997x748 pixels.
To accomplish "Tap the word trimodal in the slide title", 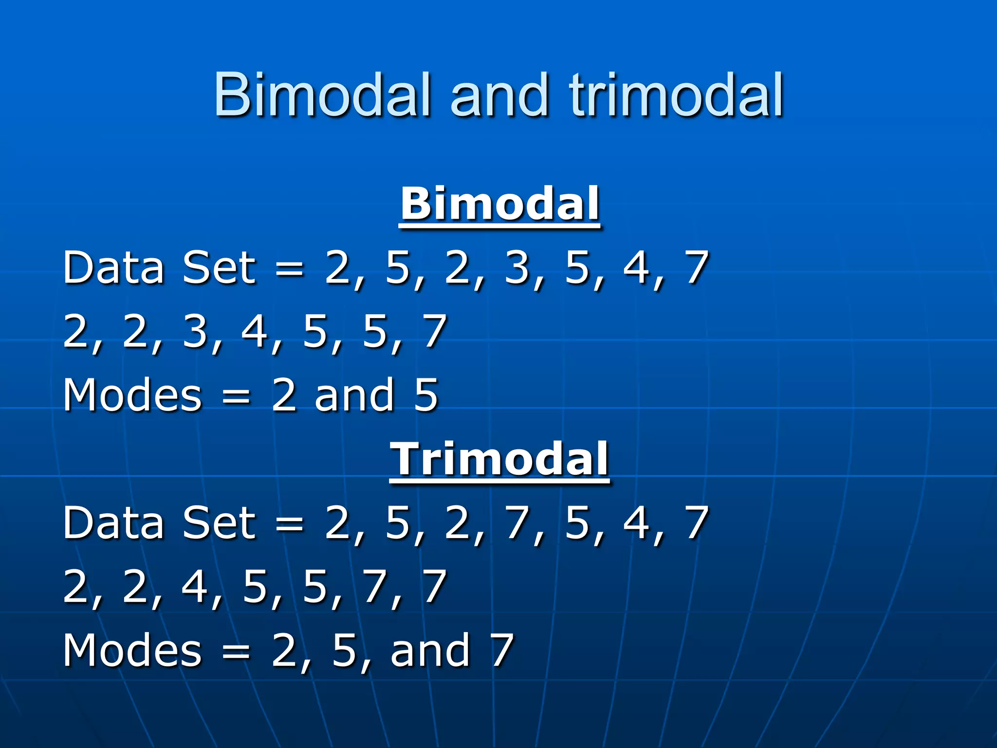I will (676, 94).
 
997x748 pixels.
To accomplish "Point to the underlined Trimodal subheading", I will (499, 459).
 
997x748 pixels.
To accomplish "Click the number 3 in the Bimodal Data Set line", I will (517, 267).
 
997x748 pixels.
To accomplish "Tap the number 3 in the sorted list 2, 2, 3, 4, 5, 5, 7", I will (196, 331).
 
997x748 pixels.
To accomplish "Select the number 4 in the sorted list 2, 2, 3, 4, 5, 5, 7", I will (255, 331).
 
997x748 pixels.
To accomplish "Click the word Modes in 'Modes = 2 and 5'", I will (132, 394).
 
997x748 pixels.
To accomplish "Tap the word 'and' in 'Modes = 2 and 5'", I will (354, 394).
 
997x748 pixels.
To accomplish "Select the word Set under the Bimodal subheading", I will (219, 267).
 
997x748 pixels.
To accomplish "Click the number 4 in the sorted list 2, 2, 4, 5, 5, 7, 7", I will (196, 586).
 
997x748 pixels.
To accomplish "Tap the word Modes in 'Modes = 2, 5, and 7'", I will (132, 650).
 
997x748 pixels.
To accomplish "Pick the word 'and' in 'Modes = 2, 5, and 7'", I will (430, 650).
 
